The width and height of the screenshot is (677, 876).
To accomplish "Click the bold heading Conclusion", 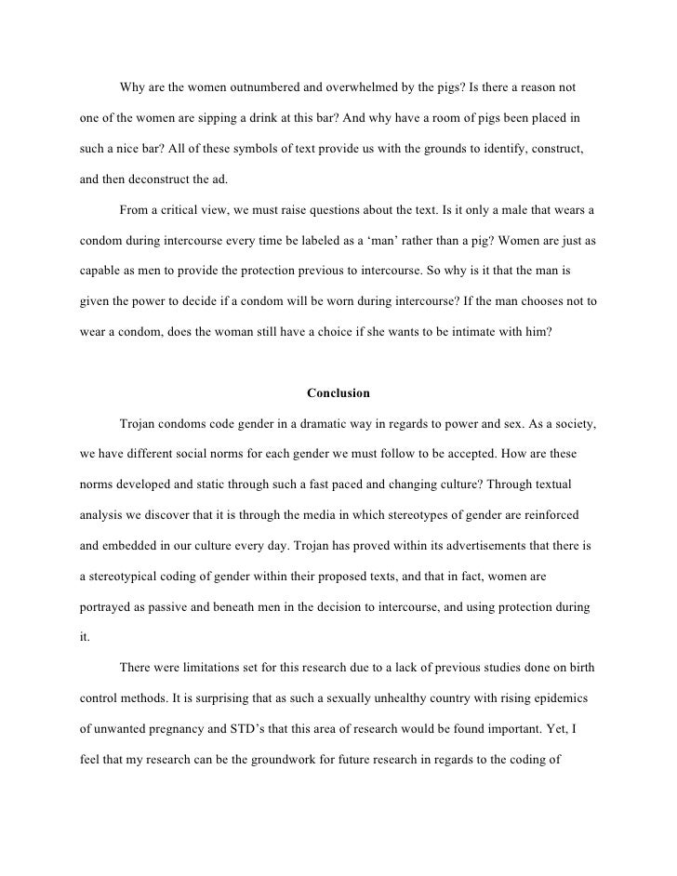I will click(338, 392).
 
